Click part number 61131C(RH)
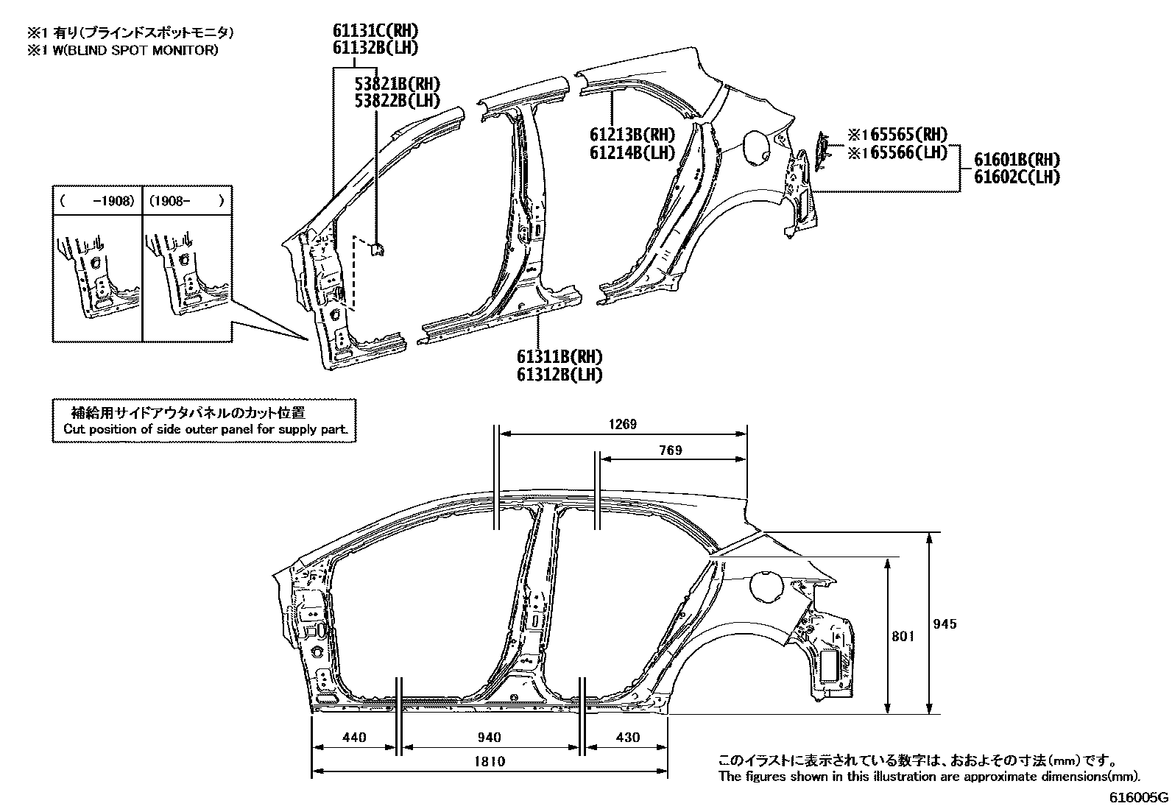pyautogui.click(x=375, y=31)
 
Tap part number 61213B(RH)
pyautogui.click(x=632, y=135)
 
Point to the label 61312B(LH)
pyautogui.click(x=560, y=375)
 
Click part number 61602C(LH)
pyautogui.click(x=1017, y=177)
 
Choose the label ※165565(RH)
pyautogui.click(x=897, y=135)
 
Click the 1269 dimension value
pyautogui.click(x=622, y=425)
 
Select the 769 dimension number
pyautogui.click(x=670, y=451)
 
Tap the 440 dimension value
pyautogui.click(x=354, y=738)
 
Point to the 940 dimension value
pyautogui.click(x=490, y=738)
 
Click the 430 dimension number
pyautogui.click(x=626, y=738)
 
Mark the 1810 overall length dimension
pyautogui.click(x=490, y=762)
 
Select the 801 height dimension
pyautogui.click(x=902, y=636)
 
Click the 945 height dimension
pyautogui.click(x=945, y=624)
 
